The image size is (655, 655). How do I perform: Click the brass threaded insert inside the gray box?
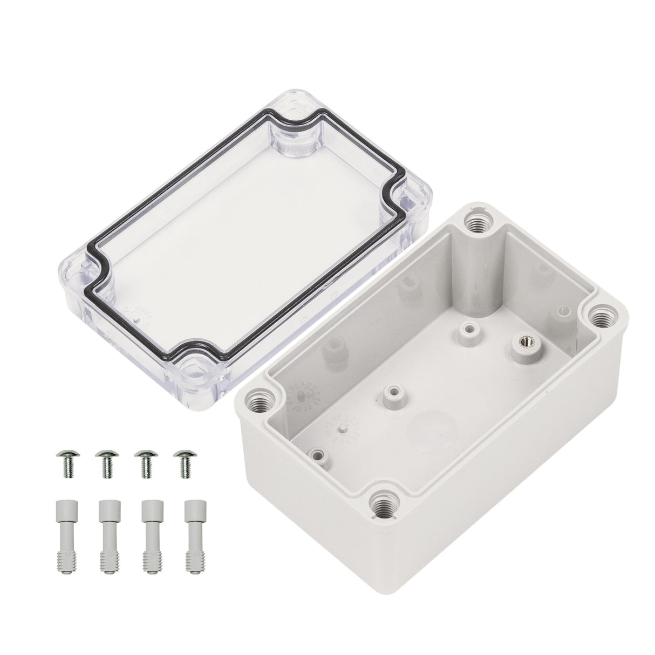524,342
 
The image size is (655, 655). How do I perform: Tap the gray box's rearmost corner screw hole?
477,221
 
